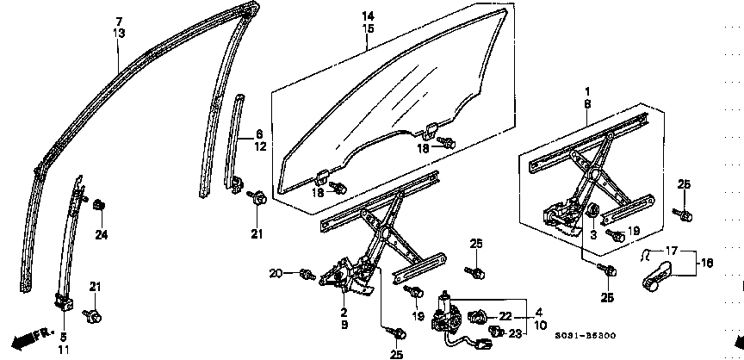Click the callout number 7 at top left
click(119, 21)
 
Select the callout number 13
click(119, 33)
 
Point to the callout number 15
click(368, 29)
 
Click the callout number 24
click(101, 234)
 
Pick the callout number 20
click(276, 274)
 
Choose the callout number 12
click(257, 146)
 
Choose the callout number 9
click(344, 325)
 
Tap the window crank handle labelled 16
click(660, 276)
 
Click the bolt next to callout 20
click(306, 275)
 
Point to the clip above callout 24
click(98, 205)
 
